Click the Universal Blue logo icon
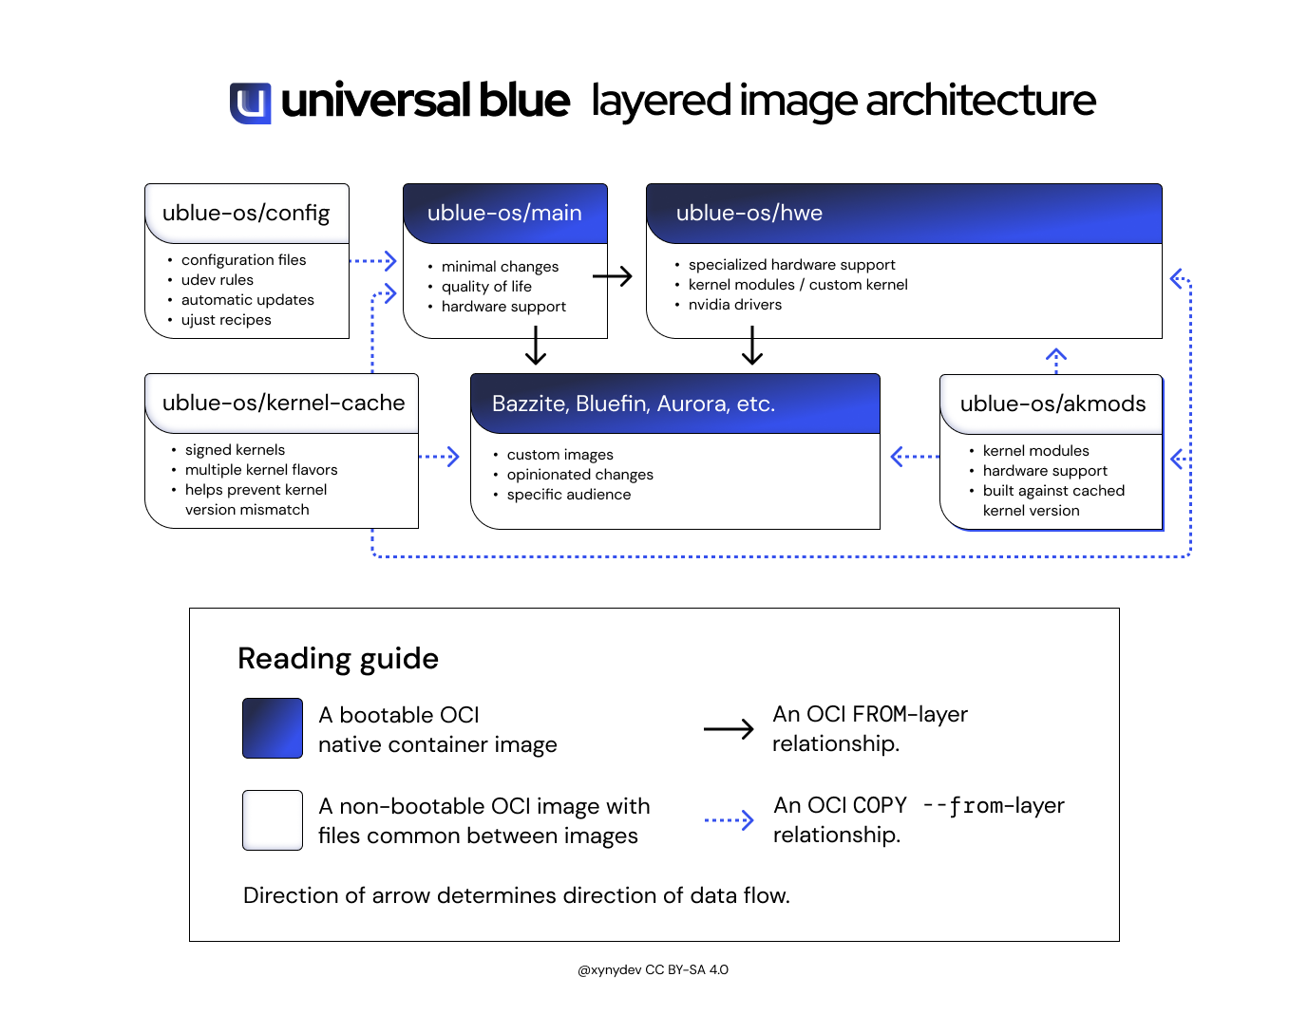point(250,103)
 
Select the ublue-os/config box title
point(246,213)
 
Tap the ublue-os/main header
point(504,213)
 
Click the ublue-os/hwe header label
point(749,213)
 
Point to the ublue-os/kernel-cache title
point(283,403)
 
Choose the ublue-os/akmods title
point(1052,404)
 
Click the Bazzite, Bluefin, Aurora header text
point(633,404)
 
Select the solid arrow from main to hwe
point(613,276)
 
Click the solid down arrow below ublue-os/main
point(536,347)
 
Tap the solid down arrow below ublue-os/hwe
point(752,347)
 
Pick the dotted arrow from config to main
point(373,260)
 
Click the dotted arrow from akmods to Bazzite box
point(914,457)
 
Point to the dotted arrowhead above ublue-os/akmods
point(1055,356)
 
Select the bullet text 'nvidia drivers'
point(734,305)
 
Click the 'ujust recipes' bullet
point(226,320)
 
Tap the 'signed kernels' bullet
point(235,450)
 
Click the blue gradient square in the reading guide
point(273,728)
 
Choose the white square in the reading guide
point(273,820)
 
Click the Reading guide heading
point(338,658)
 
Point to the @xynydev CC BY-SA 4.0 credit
point(654,969)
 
